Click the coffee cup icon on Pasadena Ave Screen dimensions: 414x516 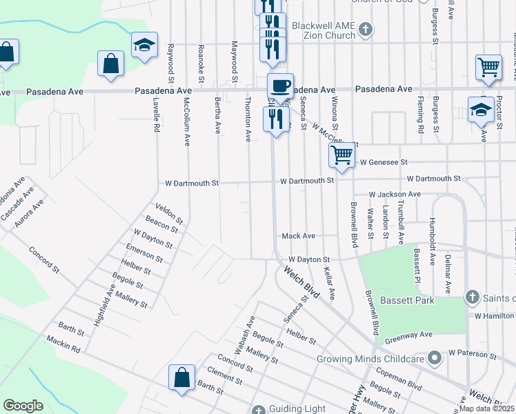(x=280, y=86)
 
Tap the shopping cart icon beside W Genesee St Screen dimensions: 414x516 (x=341, y=155)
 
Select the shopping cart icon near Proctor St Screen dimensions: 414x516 (x=488, y=68)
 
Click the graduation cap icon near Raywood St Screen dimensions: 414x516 (x=145, y=46)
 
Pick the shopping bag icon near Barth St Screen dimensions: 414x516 (x=181, y=378)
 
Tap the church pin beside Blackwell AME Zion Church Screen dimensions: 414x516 (x=366, y=29)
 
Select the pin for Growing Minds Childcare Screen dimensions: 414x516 (x=434, y=358)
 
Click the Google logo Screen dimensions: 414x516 (x=23, y=405)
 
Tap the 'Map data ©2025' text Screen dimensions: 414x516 (x=487, y=408)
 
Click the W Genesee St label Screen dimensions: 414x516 (x=384, y=162)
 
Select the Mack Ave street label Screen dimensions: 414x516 (x=298, y=236)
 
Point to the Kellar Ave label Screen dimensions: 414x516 (x=328, y=283)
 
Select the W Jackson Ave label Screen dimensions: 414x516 (x=394, y=195)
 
